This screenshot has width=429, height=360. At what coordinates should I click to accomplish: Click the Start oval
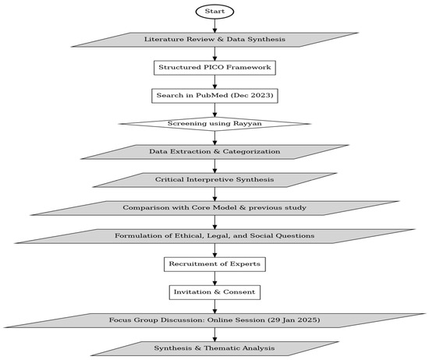(x=214, y=12)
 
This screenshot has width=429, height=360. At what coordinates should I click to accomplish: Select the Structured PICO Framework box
(x=214, y=68)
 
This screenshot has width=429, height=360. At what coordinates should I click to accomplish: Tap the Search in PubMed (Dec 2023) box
(x=214, y=96)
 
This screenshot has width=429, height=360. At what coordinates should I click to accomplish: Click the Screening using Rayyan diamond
(x=214, y=124)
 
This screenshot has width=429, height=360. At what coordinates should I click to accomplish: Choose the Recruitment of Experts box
(x=214, y=264)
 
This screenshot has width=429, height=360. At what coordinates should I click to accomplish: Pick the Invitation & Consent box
(x=214, y=292)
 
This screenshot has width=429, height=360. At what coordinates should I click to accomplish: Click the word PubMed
(x=212, y=95)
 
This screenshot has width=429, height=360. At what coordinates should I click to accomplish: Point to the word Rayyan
(x=247, y=124)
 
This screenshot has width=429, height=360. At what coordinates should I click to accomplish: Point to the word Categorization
(x=251, y=151)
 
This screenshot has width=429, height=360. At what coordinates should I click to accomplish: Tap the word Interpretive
(x=210, y=179)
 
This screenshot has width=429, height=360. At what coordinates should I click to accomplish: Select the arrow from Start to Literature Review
(x=214, y=26)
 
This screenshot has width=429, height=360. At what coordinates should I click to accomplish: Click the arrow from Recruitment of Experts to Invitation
(x=214, y=278)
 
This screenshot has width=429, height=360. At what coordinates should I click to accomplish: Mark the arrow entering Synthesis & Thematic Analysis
(x=214, y=334)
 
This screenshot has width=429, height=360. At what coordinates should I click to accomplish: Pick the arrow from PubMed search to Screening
(x=214, y=110)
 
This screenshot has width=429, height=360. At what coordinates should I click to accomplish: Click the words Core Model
(x=214, y=207)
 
